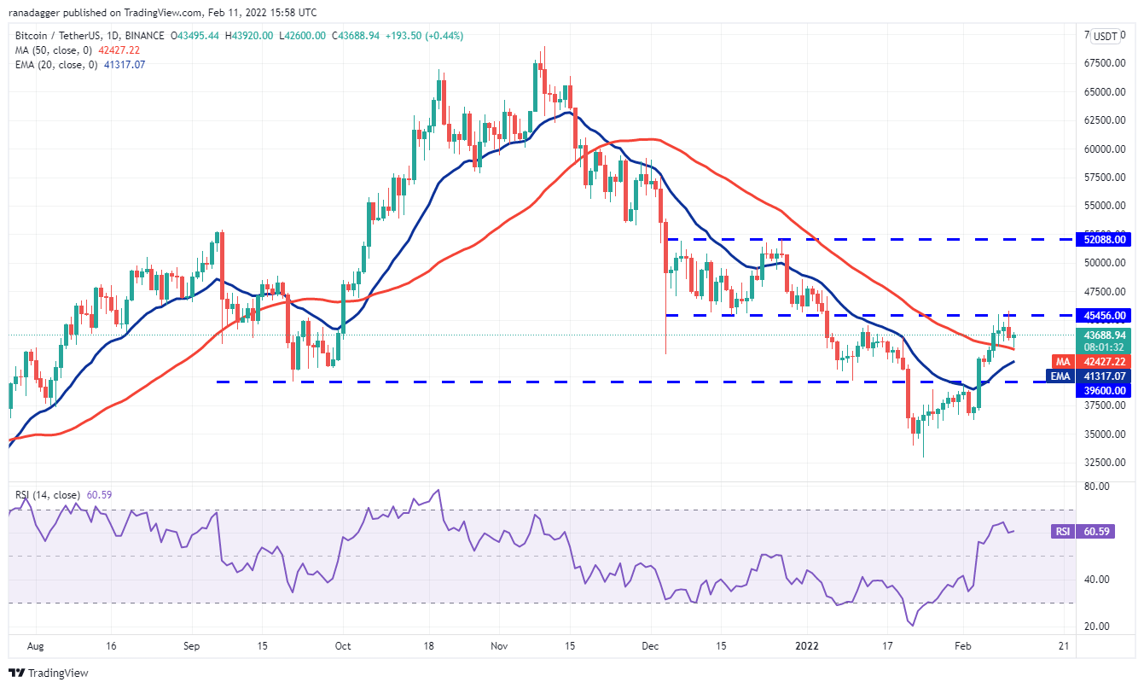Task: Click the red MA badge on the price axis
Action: pos(1063,362)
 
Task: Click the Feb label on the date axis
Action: pos(961,646)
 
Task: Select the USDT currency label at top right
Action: pos(1106,37)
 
